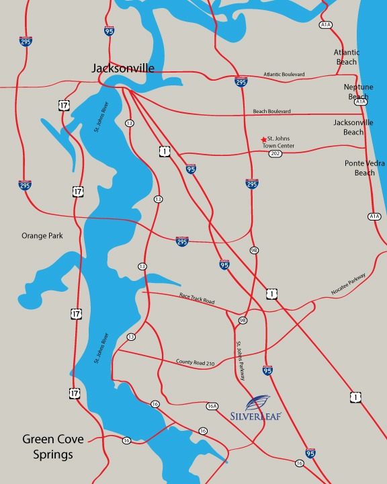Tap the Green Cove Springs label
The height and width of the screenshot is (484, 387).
pyautogui.click(x=53, y=447)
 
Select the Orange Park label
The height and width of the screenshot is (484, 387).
pyautogui.click(x=42, y=236)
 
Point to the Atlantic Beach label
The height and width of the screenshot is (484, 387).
pyautogui.click(x=347, y=57)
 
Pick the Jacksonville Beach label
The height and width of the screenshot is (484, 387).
pyautogui.click(x=353, y=128)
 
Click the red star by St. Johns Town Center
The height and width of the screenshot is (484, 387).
pyautogui.click(x=263, y=140)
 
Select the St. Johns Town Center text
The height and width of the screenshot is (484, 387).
pyautogui.click(x=282, y=142)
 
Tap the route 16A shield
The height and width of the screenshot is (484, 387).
pyautogui.click(x=212, y=406)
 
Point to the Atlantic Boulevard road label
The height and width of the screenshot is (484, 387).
pyautogui.click(x=284, y=74)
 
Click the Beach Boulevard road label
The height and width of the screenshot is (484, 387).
pyautogui.click(x=272, y=111)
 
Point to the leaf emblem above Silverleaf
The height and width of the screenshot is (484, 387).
pyautogui.click(x=259, y=402)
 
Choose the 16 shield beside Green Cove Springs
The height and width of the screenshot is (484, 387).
pyautogui.click(x=126, y=440)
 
